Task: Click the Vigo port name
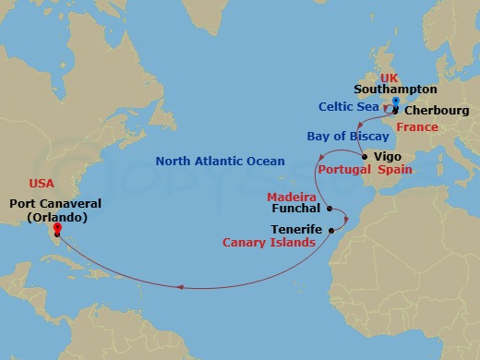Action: (388, 156)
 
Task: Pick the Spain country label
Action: (395, 171)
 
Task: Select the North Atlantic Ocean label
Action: (220, 162)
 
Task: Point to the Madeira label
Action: (292, 198)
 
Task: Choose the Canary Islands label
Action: (269, 243)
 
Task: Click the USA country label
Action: (42, 183)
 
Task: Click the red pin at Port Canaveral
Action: (56, 228)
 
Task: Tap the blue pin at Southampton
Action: (394, 101)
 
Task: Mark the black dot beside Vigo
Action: (366, 157)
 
